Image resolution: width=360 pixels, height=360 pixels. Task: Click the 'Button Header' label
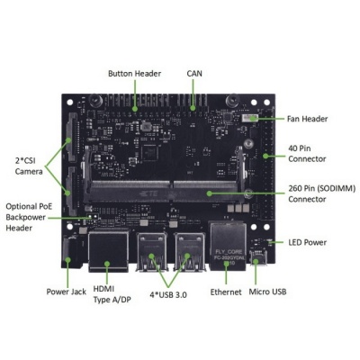point(134,74)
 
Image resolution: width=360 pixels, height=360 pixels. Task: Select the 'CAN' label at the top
point(194,74)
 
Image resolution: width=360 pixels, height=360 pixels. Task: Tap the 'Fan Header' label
point(308,119)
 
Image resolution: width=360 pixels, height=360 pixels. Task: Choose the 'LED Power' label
point(306,242)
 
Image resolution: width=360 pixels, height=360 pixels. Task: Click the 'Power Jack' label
point(65,292)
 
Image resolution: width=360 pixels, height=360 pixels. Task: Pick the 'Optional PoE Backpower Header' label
point(30,217)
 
